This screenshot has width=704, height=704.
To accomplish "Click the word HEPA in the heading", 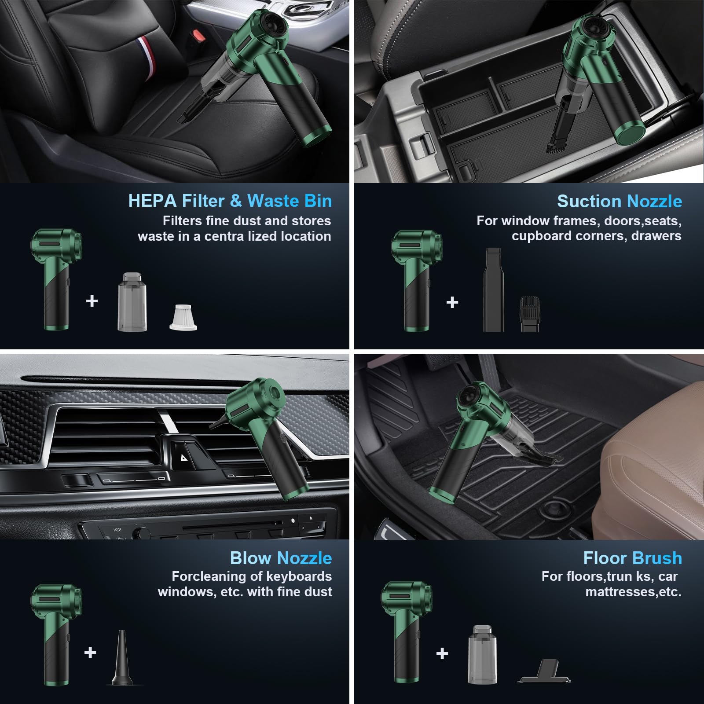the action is [152, 201].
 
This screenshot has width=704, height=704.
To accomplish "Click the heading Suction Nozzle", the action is [620, 201].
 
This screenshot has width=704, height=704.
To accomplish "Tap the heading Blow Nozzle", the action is [281, 558].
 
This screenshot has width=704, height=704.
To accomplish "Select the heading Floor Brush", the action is [632, 558].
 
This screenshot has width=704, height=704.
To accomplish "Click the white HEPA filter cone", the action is [183, 317].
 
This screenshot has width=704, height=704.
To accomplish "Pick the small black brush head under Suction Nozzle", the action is [529, 313].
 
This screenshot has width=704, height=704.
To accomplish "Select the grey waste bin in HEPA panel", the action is [132, 302].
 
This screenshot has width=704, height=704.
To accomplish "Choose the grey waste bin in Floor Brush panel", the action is [482, 654].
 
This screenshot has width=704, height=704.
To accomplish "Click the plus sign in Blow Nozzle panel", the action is [90, 652].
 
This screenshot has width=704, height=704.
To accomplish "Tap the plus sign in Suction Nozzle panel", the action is [452, 302].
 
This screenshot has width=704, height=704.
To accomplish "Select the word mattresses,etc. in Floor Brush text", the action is [633, 592].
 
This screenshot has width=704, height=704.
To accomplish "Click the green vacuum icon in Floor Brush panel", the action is [407, 632].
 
